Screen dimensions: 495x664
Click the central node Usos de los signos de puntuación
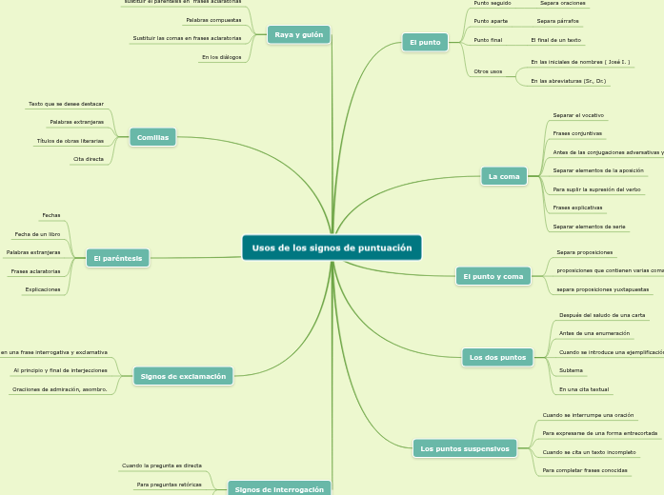pyautogui.click(x=332, y=247)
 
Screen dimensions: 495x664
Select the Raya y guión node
pyautogui.click(x=299, y=35)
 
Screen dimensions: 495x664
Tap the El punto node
pyautogui.click(x=425, y=43)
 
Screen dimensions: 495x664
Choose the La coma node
pyautogui.click(x=504, y=176)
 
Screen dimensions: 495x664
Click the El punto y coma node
pyautogui.click(x=493, y=276)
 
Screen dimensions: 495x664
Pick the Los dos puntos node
pyautogui.click(x=498, y=357)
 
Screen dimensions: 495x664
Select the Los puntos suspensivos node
pyautogui.click(x=465, y=448)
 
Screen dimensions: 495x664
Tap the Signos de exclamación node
pyautogui.click(x=183, y=376)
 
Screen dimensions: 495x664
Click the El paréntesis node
pyautogui.click(x=118, y=258)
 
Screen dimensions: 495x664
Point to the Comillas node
pyautogui.click(x=152, y=137)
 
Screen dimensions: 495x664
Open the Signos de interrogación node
pyautogui.click(x=279, y=488)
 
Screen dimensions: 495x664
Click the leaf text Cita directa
pyautogui.click(x=89, y=159)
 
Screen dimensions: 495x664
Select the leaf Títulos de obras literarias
pyautogui.click(x=70, y=141)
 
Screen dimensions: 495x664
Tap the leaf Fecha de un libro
pyautogui.click(x=38, y=234)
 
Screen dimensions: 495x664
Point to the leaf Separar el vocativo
pyautogui.click(x=577, y=115)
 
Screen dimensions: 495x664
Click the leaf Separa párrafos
pyautogui.click(x=557, y=21)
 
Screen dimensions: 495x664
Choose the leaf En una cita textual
pyautogui.click(x=584, y=389)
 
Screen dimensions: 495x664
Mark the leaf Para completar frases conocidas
pyautogui.click(x=585, y=470)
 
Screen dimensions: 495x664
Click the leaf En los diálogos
pyautogui.click(x=221, y=57)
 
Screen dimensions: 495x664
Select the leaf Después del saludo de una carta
pyautogui.click(x=602, y=315)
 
